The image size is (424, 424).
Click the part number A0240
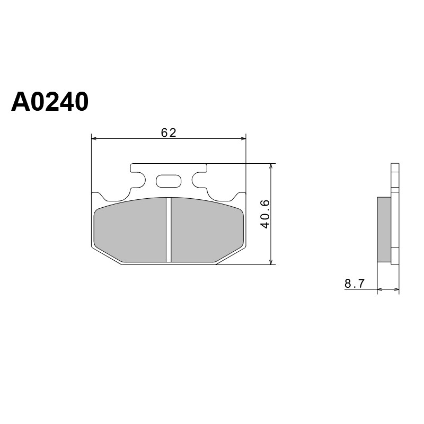tap(50, 102)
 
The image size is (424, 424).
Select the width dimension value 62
tap(169, 132)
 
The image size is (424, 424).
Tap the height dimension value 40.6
tap(266, 214)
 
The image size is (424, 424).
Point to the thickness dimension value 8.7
tap(355, 284)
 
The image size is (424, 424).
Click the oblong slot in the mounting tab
tap(169, 181)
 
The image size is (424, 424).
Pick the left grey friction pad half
tap(130, 230)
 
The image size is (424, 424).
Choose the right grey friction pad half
tap(207, 230)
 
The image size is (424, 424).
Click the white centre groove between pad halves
tap(169, 230)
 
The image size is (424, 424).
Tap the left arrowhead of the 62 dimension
tap(94, 138)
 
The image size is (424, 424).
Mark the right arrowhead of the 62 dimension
tap(243, 138)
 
